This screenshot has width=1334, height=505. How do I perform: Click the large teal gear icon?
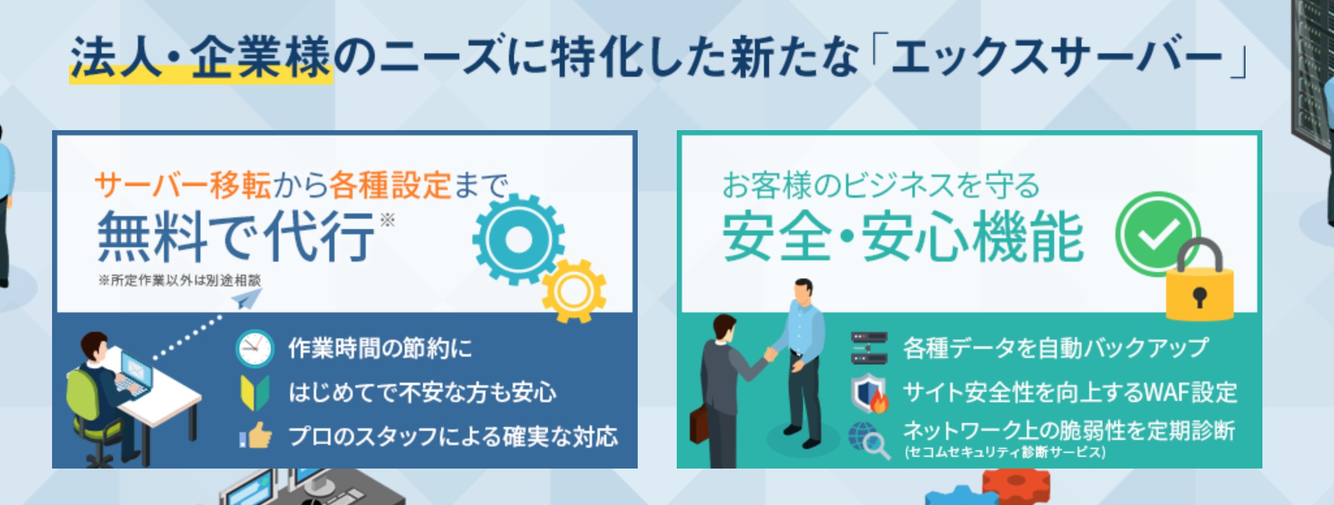[519, 239]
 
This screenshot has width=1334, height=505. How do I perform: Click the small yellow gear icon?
[574, 291]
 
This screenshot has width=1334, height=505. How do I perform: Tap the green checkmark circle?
[1158, 234]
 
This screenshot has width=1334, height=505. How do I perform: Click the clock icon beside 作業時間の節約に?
[254, 349]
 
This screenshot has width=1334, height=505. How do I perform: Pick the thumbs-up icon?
[255, 435]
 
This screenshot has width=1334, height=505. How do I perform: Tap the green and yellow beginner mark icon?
[255, 392]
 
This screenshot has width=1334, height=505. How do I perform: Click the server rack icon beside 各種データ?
[869, 348]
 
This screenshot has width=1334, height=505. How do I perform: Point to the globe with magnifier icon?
[869, 440]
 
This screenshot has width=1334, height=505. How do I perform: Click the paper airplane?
[247, 299]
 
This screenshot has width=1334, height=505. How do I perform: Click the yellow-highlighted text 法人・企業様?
[201, 57]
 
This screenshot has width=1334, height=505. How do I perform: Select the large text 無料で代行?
[236, 236]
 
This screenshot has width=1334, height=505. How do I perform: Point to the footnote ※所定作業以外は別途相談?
[180, 280]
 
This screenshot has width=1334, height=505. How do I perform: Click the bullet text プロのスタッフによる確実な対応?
[453, 436]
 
